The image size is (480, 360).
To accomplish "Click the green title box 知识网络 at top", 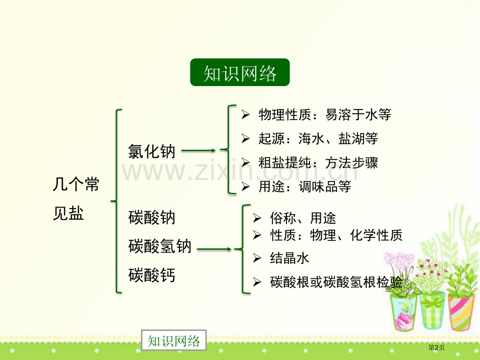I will [x=239, y=73].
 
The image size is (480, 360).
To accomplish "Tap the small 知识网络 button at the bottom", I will [x=174, y=341].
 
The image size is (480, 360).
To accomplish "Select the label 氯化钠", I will [x=152, y=151].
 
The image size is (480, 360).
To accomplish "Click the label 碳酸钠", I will [x=152, y=218].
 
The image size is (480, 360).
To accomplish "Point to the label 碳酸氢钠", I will [x=160, y=246].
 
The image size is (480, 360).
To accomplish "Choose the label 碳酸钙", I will [x=152, y=274].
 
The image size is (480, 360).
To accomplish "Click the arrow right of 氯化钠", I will [x=199, y=151].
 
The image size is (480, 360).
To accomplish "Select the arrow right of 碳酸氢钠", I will [x=214, y=249].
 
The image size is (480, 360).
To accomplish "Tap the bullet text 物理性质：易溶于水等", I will [x=325, y=114].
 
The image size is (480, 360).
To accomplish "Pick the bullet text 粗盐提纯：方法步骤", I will [x=318, y=163].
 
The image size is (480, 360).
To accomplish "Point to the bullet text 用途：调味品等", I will [x=305, y=186].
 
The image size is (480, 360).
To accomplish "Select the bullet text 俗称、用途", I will [x=303, y=218].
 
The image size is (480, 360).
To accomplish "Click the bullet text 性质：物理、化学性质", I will [x=337, y=235].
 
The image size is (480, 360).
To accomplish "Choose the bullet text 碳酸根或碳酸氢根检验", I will [x=337, y=282].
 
